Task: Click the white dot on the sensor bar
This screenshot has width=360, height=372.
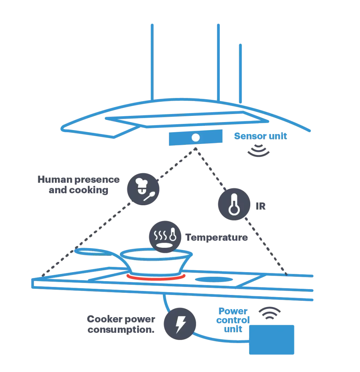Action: pos(195,138)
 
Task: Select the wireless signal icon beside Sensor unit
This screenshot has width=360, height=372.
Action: pos(259,151)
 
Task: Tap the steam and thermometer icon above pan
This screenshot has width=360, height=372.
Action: pos(165,236)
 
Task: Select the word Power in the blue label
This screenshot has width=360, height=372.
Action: pos(234,311)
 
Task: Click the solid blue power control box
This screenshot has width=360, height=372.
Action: pos(272,339)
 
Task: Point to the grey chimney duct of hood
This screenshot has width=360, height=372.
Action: pos(185,62)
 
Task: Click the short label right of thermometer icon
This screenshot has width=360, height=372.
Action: pos(262,206)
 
